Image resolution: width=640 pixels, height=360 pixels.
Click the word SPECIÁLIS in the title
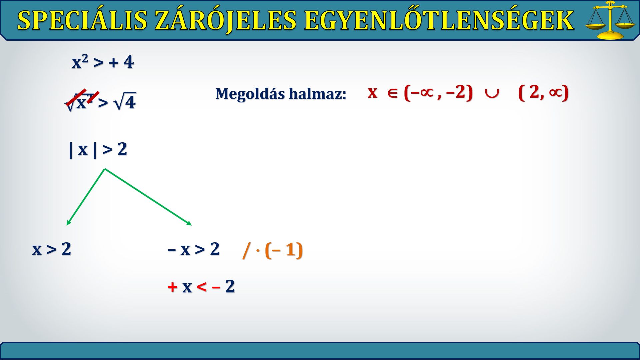pyautogui.click(x=82, y=20)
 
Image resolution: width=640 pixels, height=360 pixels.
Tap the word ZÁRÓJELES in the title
pyautogui.click(x=226, y=20)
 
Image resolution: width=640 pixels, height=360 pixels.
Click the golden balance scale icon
pyautogui.click(x=610, y=20)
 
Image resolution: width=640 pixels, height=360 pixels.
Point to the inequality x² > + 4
pyautogui.click(x=103, y=62)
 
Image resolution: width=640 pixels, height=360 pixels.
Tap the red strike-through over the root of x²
pyautogui.click(x=82, y=97)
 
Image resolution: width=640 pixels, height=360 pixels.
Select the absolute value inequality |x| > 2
pyautogui.click(x=98, y=149)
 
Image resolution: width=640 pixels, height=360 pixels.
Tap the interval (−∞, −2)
pyautogui.click(x=438, y=92)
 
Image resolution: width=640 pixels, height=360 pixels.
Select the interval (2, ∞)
pyautogui.click(x=543, y=92)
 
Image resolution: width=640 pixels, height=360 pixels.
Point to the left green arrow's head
pyautogui.click(x=68, y=223)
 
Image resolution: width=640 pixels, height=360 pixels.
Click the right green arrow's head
pyautogui.click(x=189, y=223)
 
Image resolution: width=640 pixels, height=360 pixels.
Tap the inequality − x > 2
pyautogui.click(x=193, y=249)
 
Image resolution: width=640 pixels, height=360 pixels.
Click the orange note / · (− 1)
pyautogui.click(x=273, y=250)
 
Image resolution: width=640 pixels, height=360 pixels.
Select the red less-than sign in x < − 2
pyautogui.click(x=202, y=286)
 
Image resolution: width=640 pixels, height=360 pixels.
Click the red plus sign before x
pyautogui.click(x=172, y=287)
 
